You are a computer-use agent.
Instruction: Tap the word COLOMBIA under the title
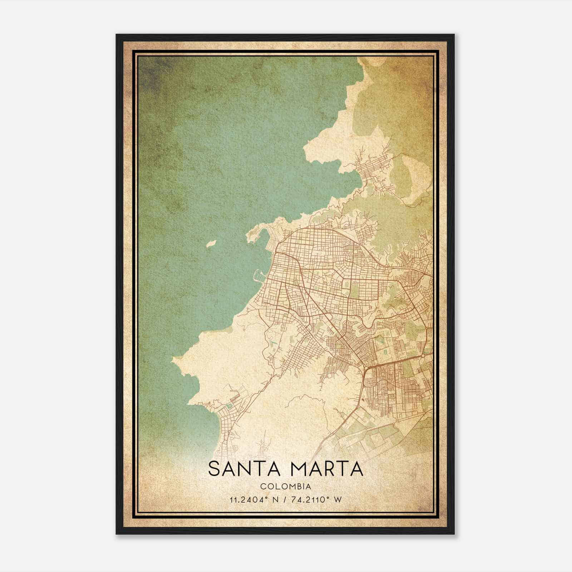[x=285, y=487]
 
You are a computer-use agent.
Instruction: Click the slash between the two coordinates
[x=285, y=500]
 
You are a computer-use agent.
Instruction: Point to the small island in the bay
[x=211, y=244]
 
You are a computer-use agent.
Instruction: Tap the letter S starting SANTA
[x=213, y=469]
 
